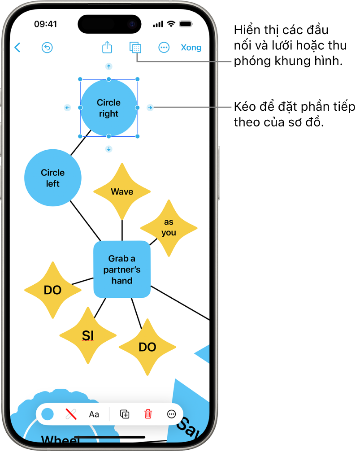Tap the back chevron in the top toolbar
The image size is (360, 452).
click(x=17, y=48)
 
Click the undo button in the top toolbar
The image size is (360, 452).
click(x=47, y=48)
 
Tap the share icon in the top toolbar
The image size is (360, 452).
click(x=107, y=47)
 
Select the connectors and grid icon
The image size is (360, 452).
click(x=135, y=48)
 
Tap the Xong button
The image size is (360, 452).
click(x=191, y=48)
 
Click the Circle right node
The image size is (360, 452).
click(x=108, y=108)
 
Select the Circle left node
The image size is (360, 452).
click(x=53, y=178)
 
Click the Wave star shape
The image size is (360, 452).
click(x=122, y=191)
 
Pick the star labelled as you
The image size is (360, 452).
click(x=169, y=227)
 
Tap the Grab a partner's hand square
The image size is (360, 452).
click(x=122, y=269)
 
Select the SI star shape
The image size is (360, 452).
click(x=88, y=335)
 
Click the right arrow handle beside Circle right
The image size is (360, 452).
click(x=150, y=108)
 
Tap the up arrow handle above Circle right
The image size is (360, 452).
click(x=108, y=66)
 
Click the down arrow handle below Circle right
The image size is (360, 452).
click(x=108, y=149)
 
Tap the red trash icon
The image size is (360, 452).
click(x=148, y=414)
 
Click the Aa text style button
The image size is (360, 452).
click(x=94, y=414)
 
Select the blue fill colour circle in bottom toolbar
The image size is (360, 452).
click(x=48, y=414)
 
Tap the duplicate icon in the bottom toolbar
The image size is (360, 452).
click(x=125, y=414)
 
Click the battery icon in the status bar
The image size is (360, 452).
click(x=186, y=24)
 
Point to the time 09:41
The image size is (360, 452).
click(x=45, y=24)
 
